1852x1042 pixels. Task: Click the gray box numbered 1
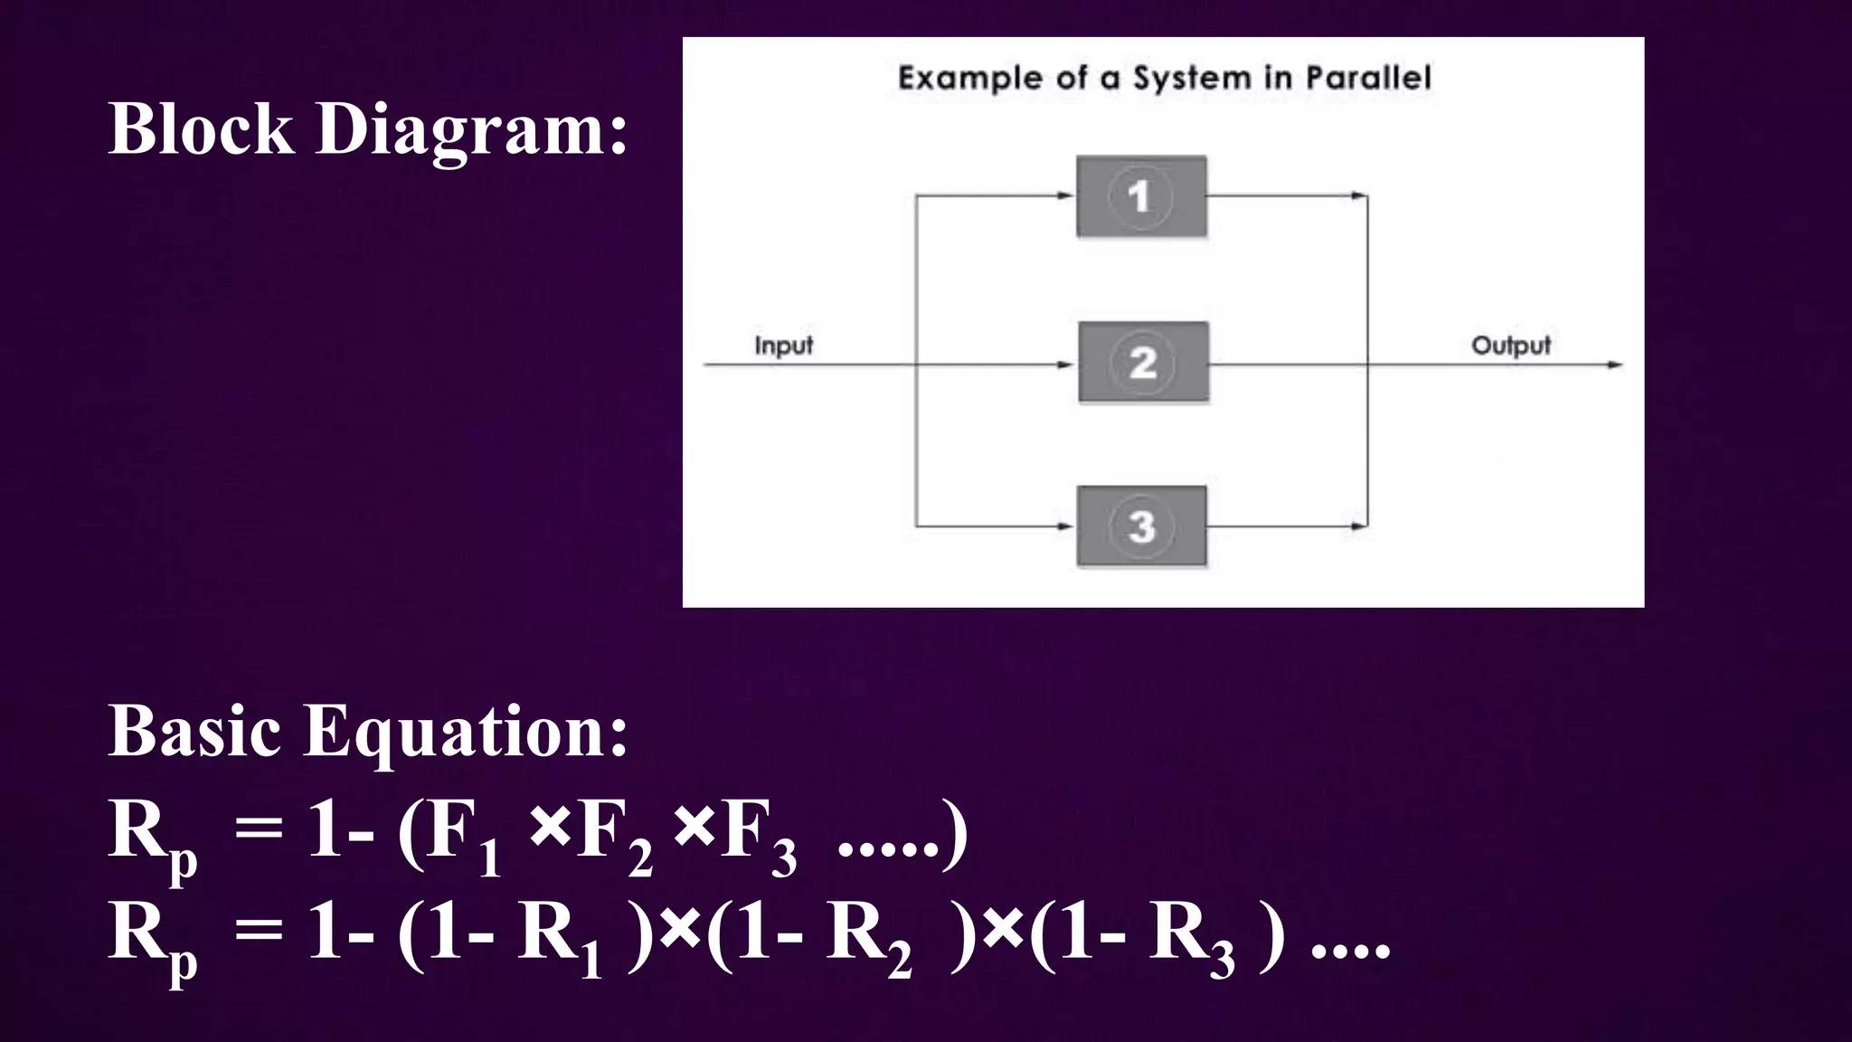click(x=1141, y=196)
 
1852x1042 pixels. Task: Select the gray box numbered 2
click(x=1143, y=362)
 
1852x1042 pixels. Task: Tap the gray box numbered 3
click(x=1141, y=526)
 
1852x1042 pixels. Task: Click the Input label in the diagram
click(x=783, y=346)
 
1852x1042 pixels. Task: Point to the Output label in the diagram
click(x=1510, y=346)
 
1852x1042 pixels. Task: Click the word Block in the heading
click(x=201, y=128)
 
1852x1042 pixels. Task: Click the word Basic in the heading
click(x=194, y=731)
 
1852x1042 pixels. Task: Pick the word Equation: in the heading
click(x=465, y=731)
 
